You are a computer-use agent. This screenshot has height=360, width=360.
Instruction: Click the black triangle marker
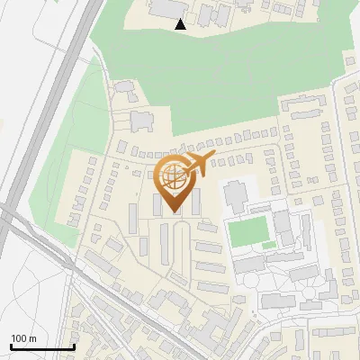[181, 24]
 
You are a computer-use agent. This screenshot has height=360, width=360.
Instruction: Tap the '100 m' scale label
[23, 338]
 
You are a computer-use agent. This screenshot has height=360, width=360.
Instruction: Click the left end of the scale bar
[11, 346]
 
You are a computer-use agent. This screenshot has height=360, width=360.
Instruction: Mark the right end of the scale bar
[74, 346]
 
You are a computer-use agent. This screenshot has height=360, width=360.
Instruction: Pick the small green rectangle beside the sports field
[269, 245]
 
